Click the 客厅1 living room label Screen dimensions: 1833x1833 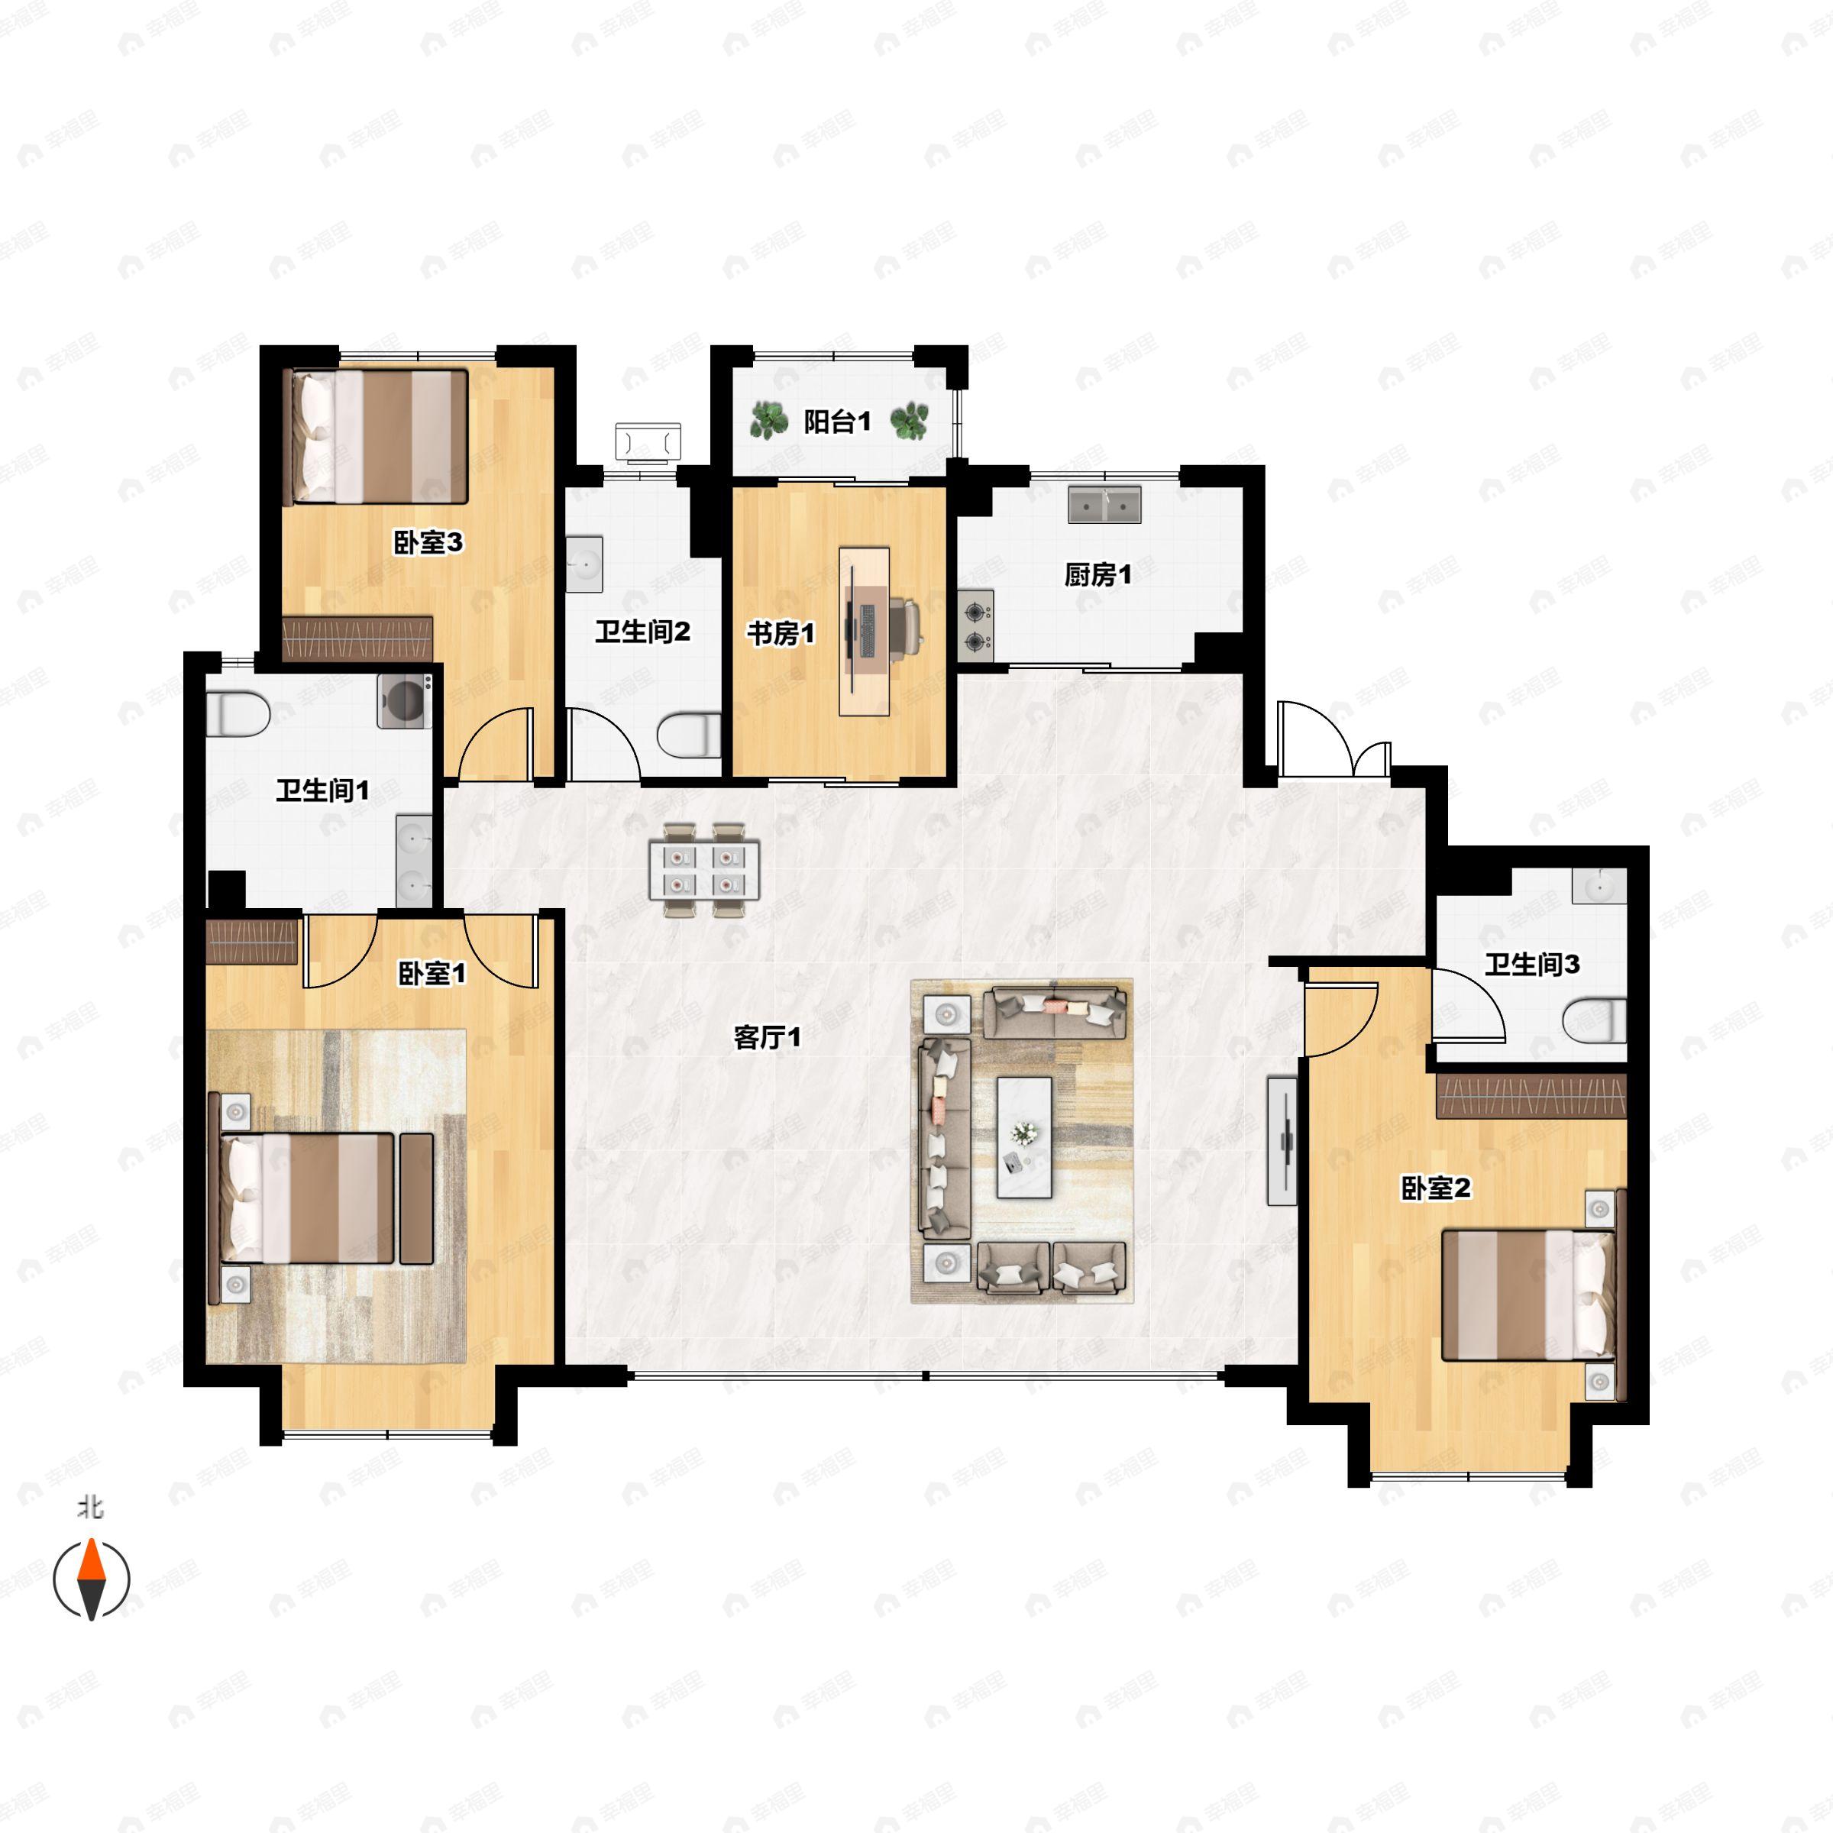(767, 1037)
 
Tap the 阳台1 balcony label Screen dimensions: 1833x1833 (837, 422)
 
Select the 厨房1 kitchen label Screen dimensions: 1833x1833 (1098, 574)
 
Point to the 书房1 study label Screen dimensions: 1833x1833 (781, 633)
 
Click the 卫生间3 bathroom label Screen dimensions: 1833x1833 (1532, 965)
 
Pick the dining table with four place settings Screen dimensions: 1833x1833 (704, 871)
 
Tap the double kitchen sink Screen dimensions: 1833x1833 (1104, 505)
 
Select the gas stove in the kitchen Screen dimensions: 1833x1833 (975, 626)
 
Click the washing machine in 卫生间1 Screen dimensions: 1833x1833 (405, 700)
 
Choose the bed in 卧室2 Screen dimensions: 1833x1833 (1527, 1294)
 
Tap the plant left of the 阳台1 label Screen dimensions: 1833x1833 (768, 420)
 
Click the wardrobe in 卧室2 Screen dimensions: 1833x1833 (1531, 1096)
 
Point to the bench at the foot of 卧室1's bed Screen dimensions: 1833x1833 (416, 1198)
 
